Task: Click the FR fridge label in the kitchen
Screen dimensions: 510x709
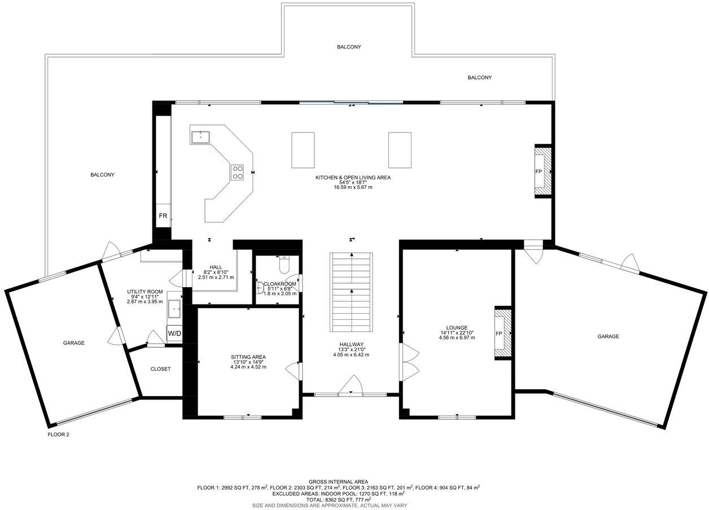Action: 163,216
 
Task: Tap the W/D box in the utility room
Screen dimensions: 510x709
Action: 174,333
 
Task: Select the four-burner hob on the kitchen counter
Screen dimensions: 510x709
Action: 237,172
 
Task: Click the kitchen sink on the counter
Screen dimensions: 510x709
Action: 200,137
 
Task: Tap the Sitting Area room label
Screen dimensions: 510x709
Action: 248,357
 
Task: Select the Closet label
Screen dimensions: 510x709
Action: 160,369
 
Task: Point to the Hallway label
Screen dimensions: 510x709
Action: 351,345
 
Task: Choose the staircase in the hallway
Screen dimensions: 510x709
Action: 351,292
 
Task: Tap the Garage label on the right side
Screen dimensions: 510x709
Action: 608,336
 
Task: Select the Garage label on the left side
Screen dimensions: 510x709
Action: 73,342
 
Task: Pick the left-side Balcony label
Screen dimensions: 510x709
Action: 102,175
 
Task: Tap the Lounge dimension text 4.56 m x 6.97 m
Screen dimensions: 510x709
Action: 457,338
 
